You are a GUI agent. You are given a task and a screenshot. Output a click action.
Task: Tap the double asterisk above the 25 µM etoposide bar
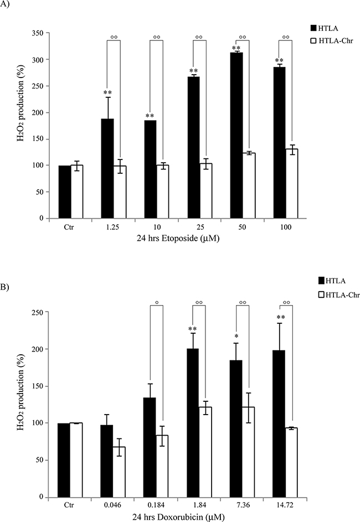tap(193, 71)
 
